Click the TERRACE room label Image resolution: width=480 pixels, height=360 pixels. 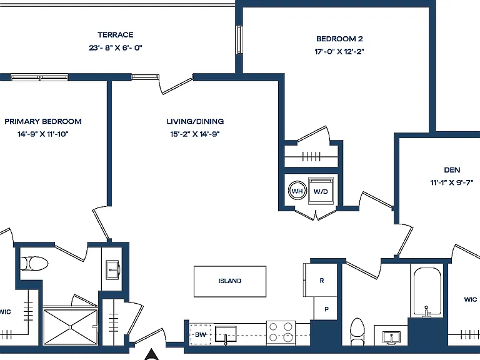pyautogui.click(x=116, y=35)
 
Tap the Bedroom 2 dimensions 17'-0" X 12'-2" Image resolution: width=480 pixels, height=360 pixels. pyautogui.click(x=339, y=51)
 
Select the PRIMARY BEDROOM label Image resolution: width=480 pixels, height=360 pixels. pyautogui.click(x=43, y=121)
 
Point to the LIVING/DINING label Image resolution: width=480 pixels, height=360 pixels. pyautogui.click(x=195, y=121)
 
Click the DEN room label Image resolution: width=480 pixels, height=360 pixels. pyautogui.click(x=452, y=170)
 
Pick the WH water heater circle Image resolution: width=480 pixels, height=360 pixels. pyautogui.click(x=297, y=191)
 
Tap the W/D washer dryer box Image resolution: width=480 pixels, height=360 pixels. pyautogui.click(x=321, y=191)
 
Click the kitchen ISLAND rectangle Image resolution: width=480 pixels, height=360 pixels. pyautogui.click(x=230, y=281)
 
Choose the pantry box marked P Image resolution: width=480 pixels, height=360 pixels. pyautogui.click(x=326, y=309)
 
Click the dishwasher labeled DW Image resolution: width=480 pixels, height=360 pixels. pyautogui.click(x=200, y=334)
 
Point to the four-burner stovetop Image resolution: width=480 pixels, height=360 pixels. pyautogui.click(x=281, y=332)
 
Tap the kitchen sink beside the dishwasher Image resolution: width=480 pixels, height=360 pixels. pyautogui.click(x=226, y=334)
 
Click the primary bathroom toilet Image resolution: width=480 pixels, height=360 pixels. pyautogui.click(x=34, y=264)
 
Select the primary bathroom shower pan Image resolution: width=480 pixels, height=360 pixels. pyautogui.click(x=70, y=327)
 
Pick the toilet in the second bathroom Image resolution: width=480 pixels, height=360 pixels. pyautogui.click(x=357, y=331)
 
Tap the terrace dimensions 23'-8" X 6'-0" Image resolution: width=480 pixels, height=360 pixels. pyautogui.click(x=116, y=47)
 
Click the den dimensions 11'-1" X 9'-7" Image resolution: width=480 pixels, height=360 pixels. pyautogui.click(x=452, y=182)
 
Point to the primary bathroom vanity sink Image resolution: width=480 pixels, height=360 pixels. pyautogui.click(x=112, y=270)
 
